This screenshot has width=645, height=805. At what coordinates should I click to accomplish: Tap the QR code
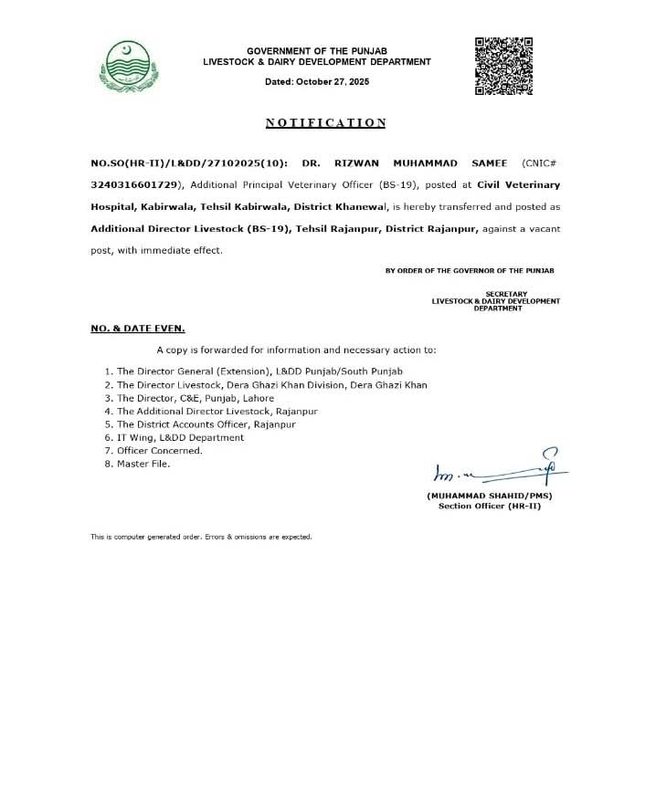(x=503, y=65)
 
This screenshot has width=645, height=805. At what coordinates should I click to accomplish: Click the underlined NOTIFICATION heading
(x=325, y=123)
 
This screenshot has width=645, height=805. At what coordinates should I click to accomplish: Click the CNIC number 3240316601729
(x=133, y=185)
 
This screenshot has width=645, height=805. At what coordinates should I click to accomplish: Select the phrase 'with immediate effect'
(x=175, y=249)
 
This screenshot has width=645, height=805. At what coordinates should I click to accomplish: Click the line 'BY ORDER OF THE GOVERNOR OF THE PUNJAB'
(x=470, y=271)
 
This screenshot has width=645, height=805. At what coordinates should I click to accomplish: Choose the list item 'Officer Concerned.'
(x=153, y=450)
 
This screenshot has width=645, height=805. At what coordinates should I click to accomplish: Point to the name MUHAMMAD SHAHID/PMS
(x=489, y=496)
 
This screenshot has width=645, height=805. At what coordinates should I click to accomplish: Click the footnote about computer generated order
(x=201, y=537)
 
